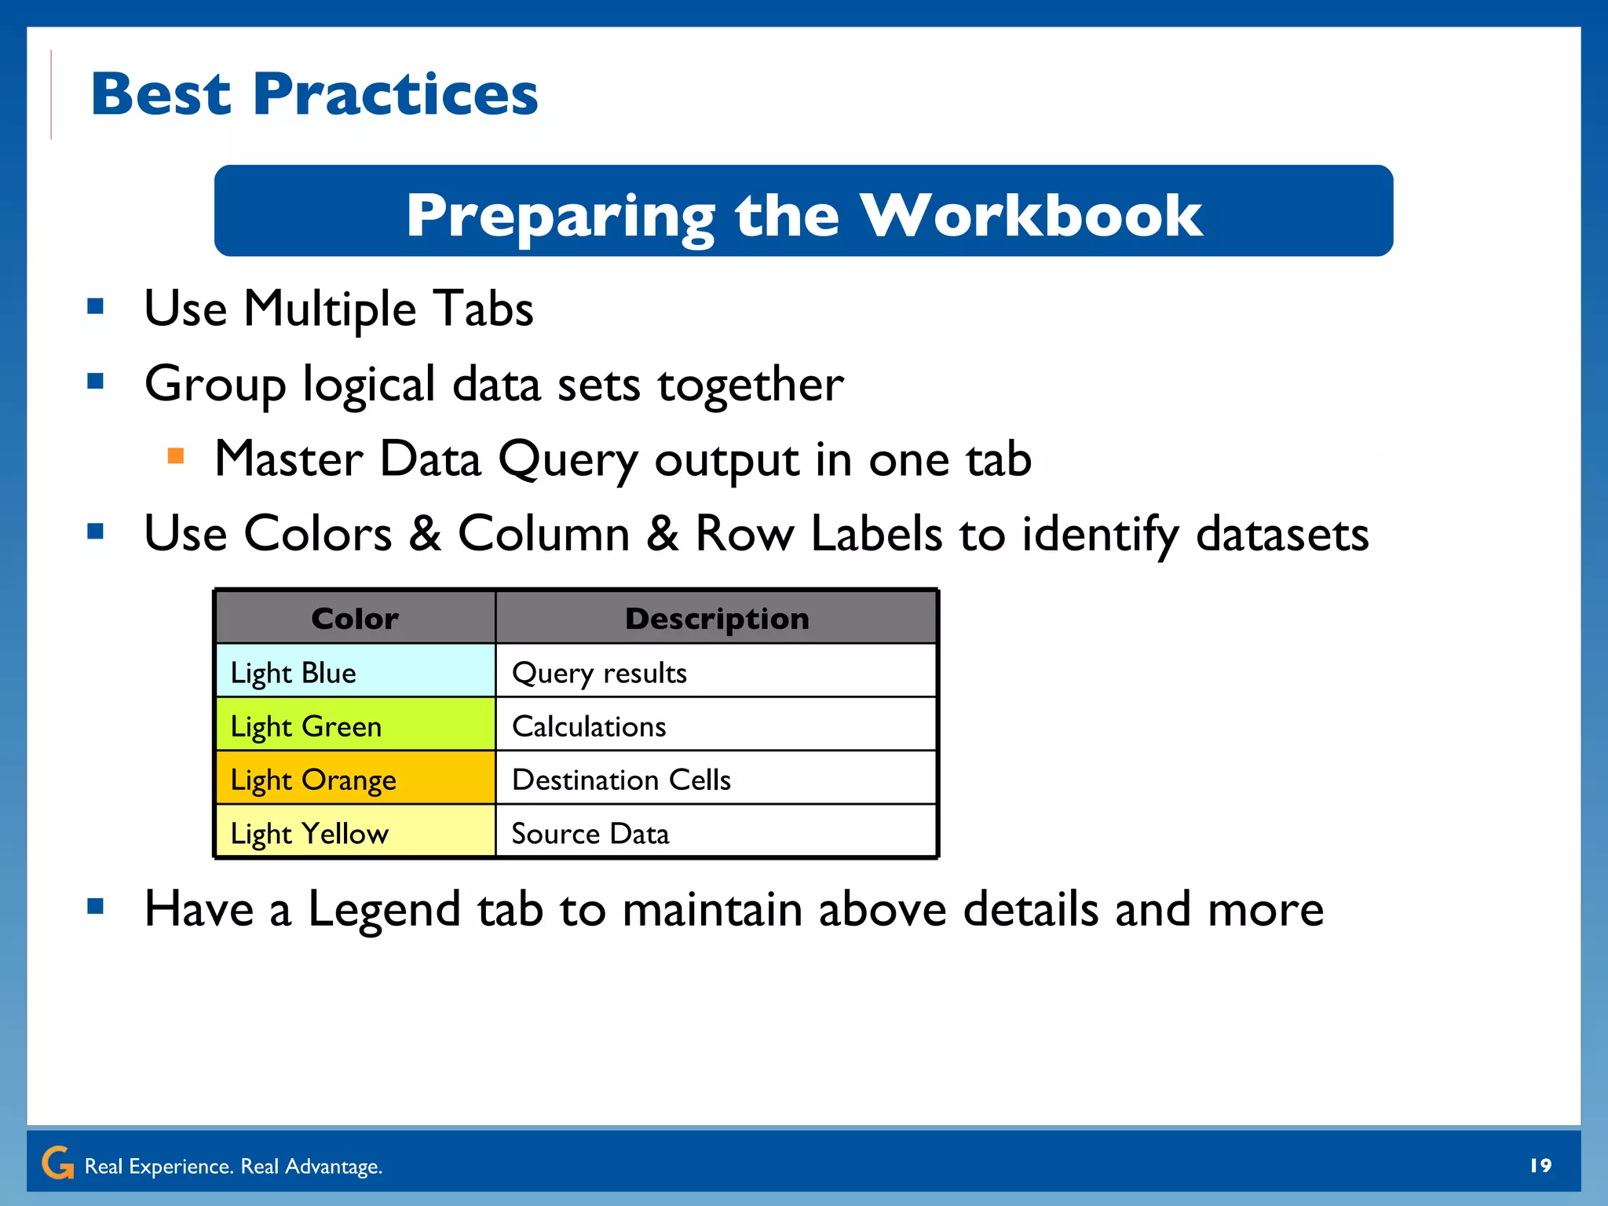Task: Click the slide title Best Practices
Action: point(314,94)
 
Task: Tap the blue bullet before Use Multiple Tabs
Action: point(96,306)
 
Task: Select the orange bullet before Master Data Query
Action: point(176,456)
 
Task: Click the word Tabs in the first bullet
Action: point(483,309)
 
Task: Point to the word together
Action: point(750,385)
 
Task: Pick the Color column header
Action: point(355,619)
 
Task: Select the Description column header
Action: point(716,619)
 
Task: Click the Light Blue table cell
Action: point(355,672)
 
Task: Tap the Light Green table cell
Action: point(355,725)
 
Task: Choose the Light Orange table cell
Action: point(355,779)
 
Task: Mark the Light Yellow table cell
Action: point(355,832)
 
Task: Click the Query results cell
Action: point(716,672)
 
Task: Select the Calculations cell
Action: point(716,725)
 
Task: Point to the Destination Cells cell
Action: point(716,779)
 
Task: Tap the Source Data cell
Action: point(716,832)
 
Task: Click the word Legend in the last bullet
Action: point(384,909)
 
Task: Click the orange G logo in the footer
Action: point(57,1163)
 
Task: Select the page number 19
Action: point(1540,1165)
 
